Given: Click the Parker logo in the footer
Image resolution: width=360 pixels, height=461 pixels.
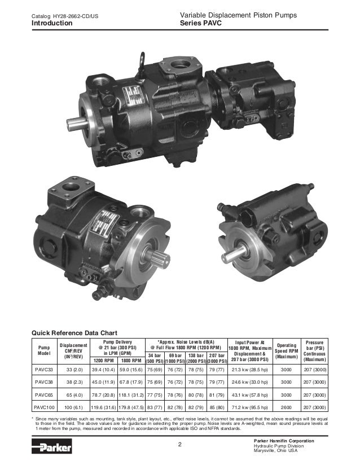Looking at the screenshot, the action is pos(52,446).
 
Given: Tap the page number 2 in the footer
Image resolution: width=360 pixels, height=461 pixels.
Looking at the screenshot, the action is pos(180,444).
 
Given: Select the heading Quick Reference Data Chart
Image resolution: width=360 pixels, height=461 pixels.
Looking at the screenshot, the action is pos(74,333).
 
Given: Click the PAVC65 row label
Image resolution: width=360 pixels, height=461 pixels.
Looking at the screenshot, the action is pos(44,395).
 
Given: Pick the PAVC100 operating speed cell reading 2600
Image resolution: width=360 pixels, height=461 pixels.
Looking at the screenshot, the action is pos(286,407).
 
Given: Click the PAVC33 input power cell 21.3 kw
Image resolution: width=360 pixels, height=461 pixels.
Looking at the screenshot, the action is pos(250,370).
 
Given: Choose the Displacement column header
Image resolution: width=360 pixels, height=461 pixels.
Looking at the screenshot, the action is pos(73,351).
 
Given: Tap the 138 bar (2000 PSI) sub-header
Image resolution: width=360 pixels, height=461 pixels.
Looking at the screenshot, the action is pos(196,358).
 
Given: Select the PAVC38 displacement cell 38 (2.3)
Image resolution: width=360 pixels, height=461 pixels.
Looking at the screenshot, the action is pos(74,382).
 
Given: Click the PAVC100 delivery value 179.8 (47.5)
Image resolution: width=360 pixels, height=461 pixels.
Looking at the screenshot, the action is pos(131,407).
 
